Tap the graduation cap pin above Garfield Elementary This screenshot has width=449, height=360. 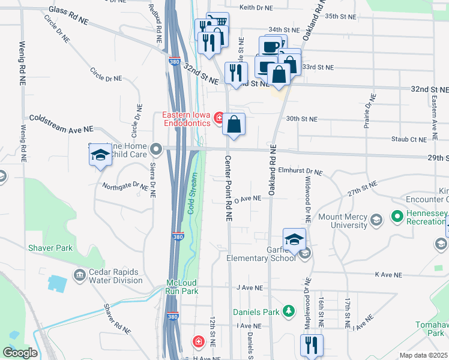click(x=295, y=239)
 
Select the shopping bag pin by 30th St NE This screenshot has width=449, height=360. click(x=234, y=124)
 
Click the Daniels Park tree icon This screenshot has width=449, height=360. click(x=289, y=311)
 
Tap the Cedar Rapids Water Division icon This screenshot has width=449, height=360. click(x=79, y=275)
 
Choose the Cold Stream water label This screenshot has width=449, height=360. click(x=193, y=193)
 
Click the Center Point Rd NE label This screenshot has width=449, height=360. click(x=229, y=189)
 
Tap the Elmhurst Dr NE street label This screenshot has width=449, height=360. click(x=300, y=172)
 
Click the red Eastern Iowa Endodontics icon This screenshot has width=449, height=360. click(x=219, y=117)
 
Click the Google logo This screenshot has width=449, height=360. click(x=20, y=353)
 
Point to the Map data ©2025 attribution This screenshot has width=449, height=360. click(x=423, y=355)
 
